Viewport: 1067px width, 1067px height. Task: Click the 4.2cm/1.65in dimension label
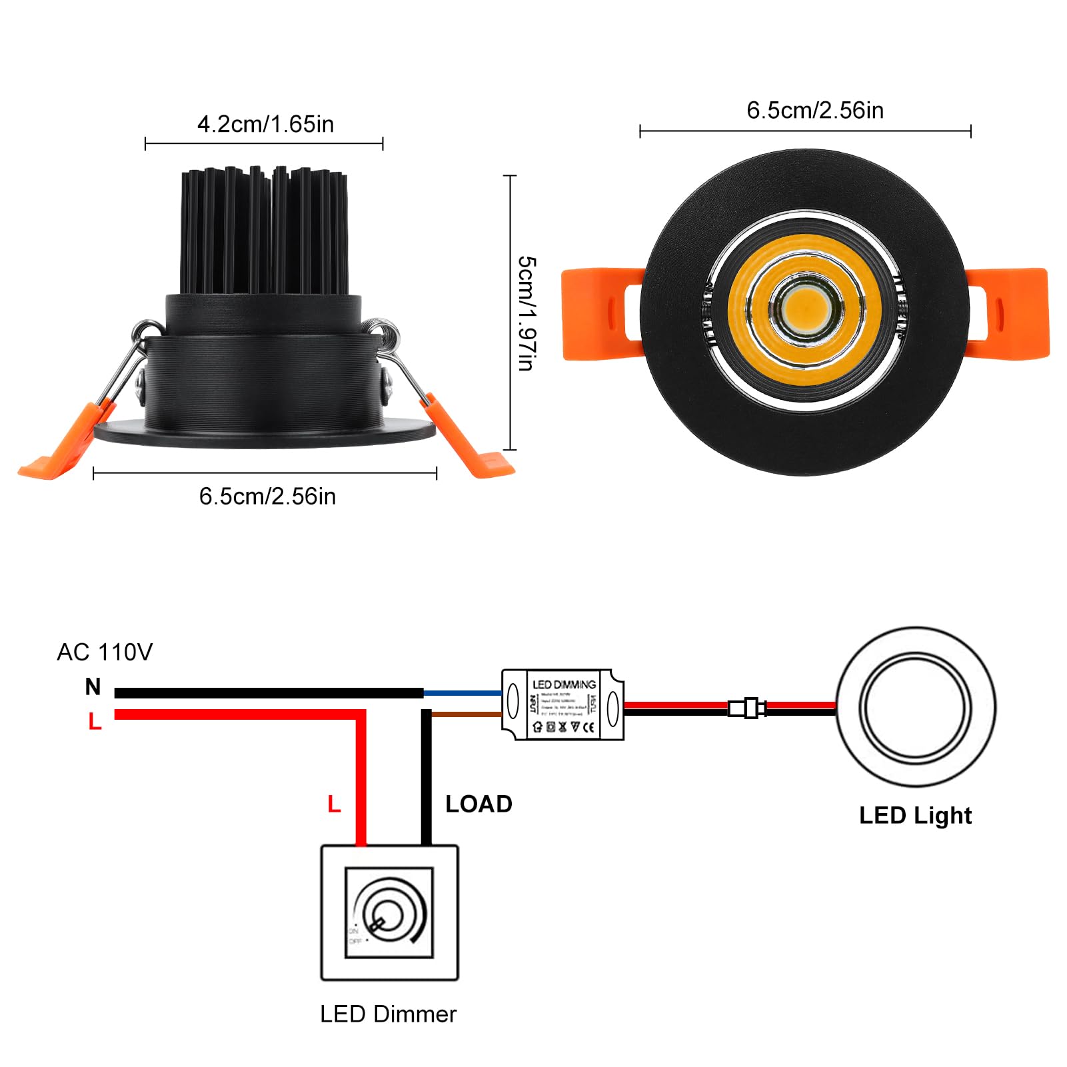265,124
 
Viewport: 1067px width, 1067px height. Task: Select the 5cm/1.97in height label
527,313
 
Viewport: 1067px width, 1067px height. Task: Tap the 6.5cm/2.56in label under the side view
267,497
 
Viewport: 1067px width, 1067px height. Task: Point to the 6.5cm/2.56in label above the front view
814,111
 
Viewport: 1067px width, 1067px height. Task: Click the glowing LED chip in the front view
806,309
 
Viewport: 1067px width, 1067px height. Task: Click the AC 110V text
105,652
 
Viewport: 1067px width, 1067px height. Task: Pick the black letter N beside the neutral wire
93,686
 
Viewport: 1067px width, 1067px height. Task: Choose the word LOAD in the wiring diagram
479,804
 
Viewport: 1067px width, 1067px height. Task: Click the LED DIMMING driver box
563,704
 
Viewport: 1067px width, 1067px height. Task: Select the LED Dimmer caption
388,1014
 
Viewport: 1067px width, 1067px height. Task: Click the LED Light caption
915,816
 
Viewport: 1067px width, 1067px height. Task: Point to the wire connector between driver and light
747,708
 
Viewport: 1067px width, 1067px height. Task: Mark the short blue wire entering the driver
463,693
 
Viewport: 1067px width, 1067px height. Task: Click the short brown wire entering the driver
467,714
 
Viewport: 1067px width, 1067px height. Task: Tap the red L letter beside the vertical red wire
334,804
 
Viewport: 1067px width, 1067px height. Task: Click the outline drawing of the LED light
915,706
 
